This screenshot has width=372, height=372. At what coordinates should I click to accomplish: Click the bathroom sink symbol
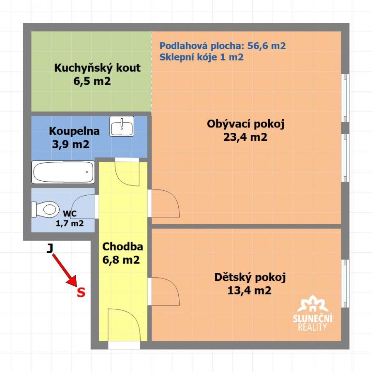[122, 126]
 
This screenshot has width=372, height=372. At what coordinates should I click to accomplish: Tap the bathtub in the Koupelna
[63, 172]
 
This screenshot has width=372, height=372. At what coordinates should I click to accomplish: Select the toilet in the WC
[46, 209]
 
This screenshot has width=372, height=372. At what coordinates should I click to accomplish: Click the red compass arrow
[64, 270]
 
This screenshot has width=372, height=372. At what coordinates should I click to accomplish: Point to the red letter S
[81, 292]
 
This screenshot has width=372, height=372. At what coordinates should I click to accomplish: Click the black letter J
[50, 248]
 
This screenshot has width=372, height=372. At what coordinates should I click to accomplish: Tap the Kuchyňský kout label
[97, 68]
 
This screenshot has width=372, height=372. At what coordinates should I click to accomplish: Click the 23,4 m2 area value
[245, 137]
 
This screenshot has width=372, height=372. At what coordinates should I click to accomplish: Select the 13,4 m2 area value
[249, 290]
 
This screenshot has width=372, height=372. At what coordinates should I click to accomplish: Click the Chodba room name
[122, 247]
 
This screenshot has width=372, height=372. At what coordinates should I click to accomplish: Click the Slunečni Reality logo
[312, 313]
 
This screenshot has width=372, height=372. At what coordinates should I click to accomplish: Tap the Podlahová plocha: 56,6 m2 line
[223, 46]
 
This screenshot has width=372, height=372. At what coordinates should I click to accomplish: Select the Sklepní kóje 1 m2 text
[202, 57]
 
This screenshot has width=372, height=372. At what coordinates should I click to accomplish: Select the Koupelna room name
[74, 131]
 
